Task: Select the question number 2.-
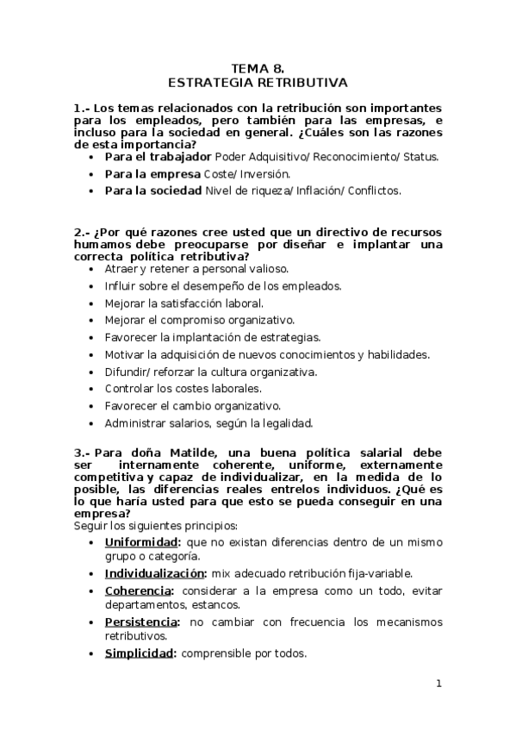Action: [x=82, y=233]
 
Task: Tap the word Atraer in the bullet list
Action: [x=121, y=268]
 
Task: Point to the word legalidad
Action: [x=285, y=422]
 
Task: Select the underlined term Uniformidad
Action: [x=142, y=541]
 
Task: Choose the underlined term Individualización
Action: [x=155, y=573]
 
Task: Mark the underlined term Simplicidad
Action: [x=140, y=653]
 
